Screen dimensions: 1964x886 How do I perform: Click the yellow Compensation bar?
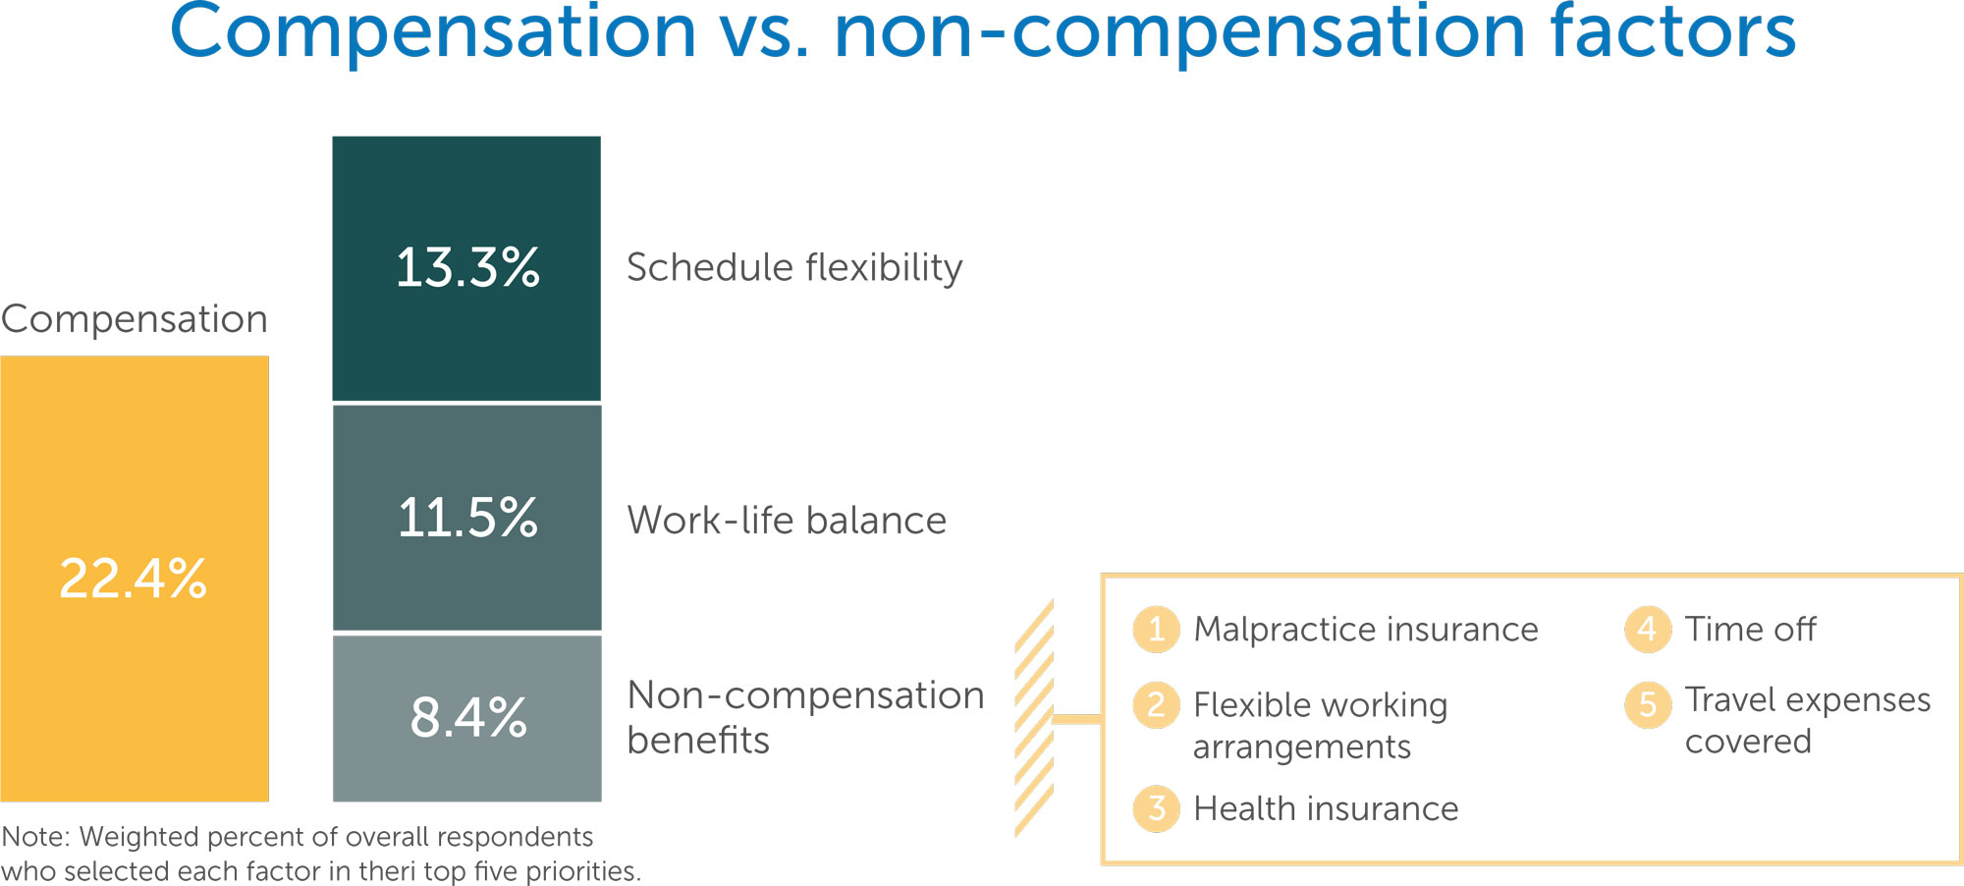[x=135, y=579]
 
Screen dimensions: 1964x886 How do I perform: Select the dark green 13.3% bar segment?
[x=466, y=268]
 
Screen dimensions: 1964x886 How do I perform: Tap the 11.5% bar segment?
[x=466, y=518]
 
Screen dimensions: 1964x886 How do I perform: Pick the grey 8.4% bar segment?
[x=466, y=718]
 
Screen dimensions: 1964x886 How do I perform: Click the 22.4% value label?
[x=134, y=578]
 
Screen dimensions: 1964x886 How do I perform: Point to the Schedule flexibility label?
[x=794, y=268]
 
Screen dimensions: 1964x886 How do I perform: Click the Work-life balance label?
[x=787, y=520]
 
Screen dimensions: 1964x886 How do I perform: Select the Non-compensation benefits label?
[x=805, y=717]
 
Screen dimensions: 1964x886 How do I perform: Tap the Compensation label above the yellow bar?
[x=135, y=319]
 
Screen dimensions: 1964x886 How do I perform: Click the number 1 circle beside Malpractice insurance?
[x=1157, y=629]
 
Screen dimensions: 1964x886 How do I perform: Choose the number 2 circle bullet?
[x=1157, y=705]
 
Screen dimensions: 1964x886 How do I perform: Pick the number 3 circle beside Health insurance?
[x=1157, y=808]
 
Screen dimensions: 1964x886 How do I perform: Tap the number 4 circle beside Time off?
[x=1648, y=629]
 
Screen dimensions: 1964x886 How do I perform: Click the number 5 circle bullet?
[x=1648, y=704]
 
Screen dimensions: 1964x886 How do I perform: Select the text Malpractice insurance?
[x=1366, y=629]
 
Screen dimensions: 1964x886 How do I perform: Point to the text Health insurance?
[x=1326, y=808]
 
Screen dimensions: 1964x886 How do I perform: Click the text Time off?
[x=1751, y=629]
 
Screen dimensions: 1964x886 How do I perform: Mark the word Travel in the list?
[x=1735, y=699]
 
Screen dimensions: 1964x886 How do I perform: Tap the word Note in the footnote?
[x=35, y=837]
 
